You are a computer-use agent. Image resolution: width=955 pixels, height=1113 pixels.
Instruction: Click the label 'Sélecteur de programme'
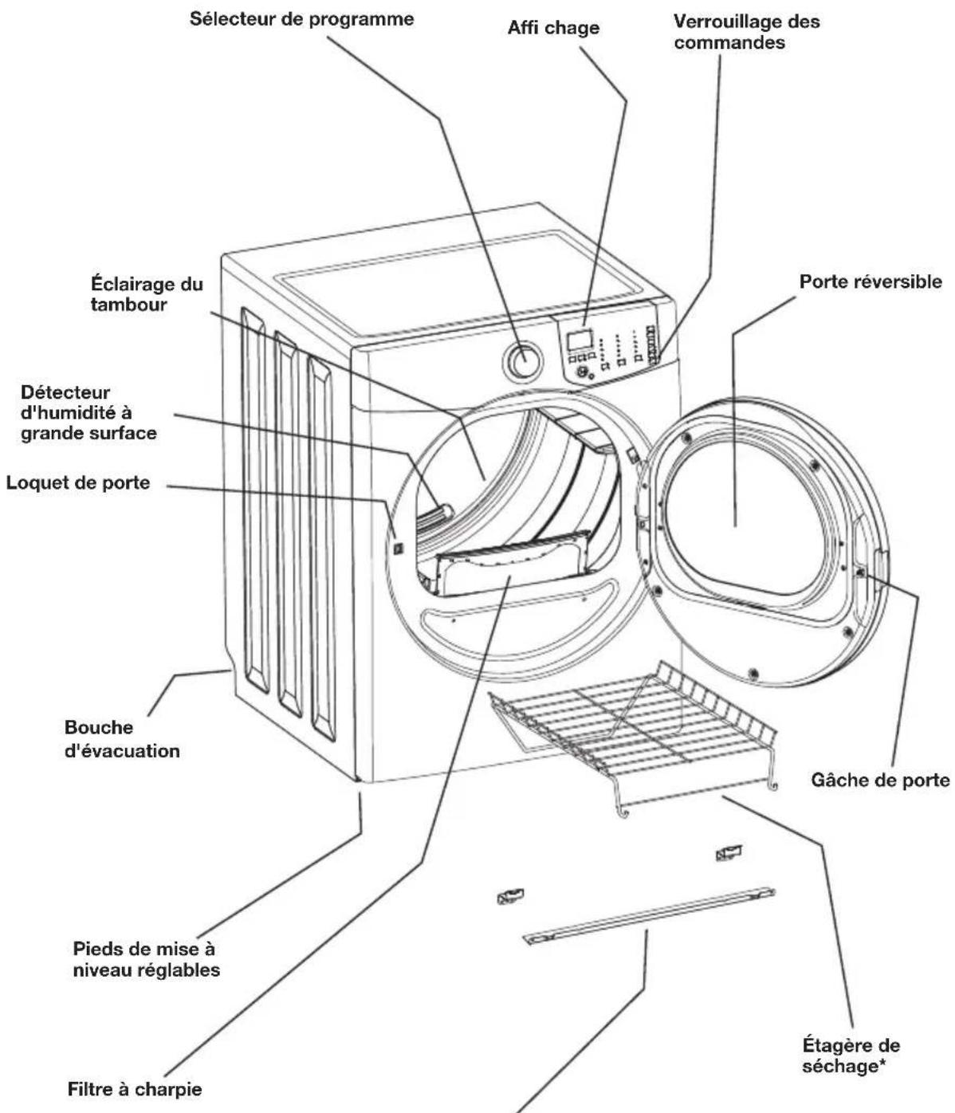coord(302,19)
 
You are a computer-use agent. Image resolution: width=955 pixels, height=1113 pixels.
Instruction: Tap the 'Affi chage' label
coord(553,28)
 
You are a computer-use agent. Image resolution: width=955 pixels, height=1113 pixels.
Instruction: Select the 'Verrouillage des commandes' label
coord(747,32)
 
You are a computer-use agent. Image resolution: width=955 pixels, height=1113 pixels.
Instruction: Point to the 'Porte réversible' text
coord(871,281)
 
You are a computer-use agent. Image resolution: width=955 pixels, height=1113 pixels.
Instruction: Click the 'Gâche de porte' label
coord(880,781)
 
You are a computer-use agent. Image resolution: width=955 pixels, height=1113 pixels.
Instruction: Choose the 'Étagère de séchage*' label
coord(851,1056)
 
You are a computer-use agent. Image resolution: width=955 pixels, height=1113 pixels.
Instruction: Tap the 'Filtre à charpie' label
coord(135,1089)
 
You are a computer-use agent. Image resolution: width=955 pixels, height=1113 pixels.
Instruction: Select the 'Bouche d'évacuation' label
coord(122,739)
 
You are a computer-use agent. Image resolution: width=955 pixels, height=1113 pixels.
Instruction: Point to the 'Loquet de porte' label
coord(78,482)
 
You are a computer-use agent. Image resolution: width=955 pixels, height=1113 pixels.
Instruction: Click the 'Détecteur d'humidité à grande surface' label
coord(88,412)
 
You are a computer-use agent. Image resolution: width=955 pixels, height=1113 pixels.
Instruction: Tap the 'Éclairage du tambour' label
coord(147,293)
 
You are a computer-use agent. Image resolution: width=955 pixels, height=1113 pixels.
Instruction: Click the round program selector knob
coord(521,361)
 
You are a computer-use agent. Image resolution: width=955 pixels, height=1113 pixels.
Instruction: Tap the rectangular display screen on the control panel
coord(579,340)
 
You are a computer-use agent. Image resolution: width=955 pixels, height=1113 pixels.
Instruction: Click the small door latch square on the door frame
coord(399,549)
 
